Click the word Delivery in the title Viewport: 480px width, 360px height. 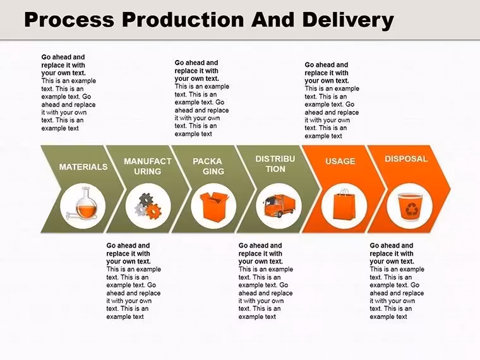(348, 20)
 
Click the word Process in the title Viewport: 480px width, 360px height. (69, 20)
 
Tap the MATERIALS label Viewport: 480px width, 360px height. (83, 167)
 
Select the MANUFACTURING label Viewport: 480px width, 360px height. (148, 166)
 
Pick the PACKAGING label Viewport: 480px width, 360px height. (208, 166)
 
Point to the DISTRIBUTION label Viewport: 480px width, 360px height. (275, 164)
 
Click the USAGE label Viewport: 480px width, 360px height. (340, 161)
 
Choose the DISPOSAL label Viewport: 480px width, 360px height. (406, 159)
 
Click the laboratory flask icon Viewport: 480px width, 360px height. (83, 203)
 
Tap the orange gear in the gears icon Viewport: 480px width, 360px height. (153, 212)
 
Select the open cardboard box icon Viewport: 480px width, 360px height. (214, 207)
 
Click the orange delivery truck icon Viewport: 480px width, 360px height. (279, 205)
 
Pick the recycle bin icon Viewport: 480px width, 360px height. (410, 207)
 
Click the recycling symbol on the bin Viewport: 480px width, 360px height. (410, 210)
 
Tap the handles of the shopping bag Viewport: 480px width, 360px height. (344, 192)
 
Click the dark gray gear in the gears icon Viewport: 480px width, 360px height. (146, 200)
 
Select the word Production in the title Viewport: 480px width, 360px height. (183, 20)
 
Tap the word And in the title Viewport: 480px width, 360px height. (273, 20)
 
